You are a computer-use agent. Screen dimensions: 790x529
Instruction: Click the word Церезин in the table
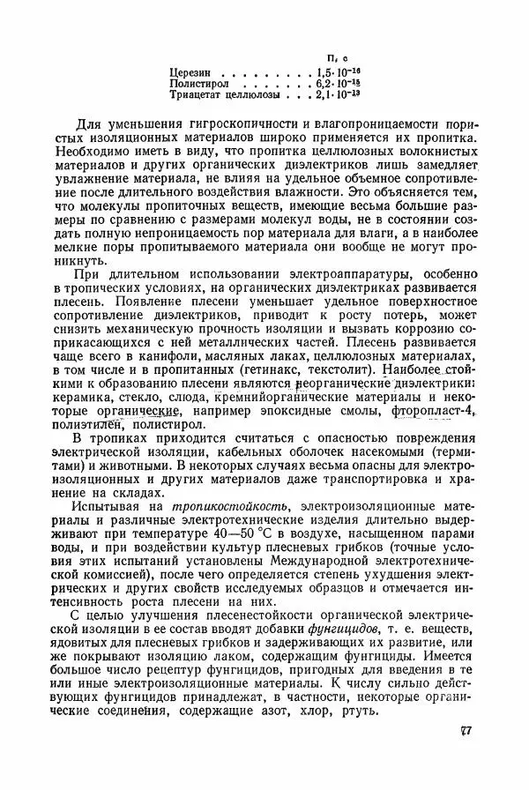pyautogui.click(x=191, y=71)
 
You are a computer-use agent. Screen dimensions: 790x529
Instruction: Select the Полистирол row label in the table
pyautogui.click(x=199, y=82)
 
